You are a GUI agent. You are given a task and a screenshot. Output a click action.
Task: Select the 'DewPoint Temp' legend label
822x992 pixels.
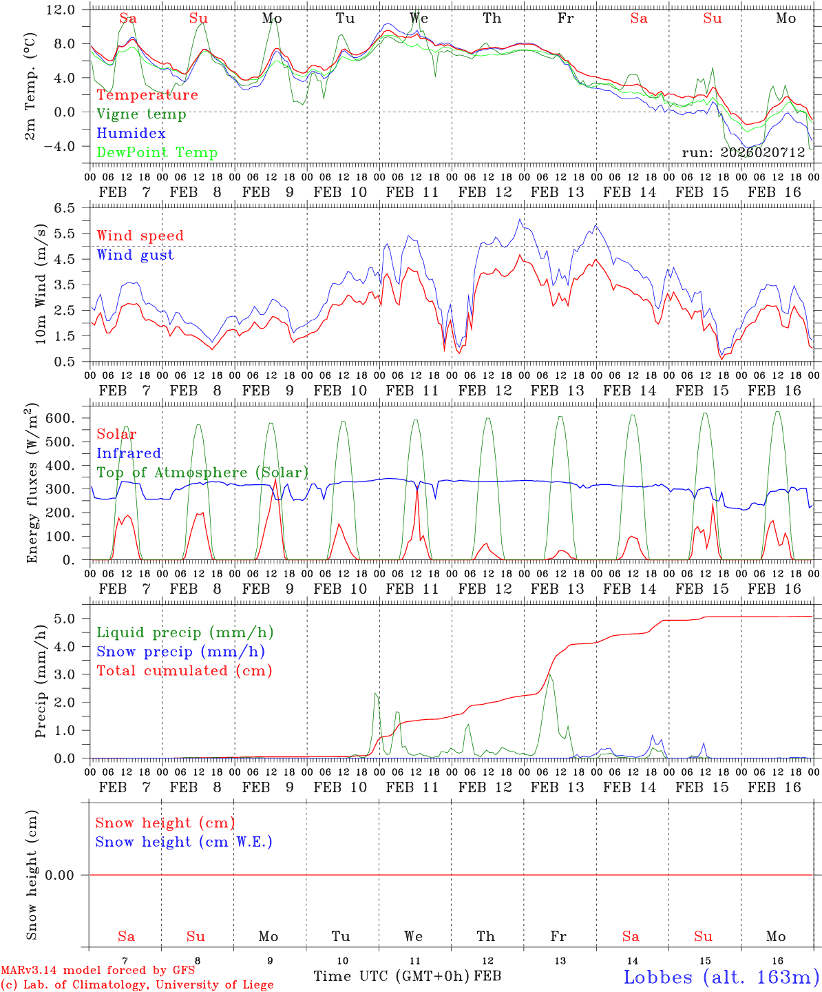tap(157, 153)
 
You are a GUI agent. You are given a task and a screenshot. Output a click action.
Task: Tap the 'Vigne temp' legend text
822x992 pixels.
tap(141, 114)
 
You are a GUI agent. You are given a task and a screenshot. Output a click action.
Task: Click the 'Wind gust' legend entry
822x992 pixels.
tap(135, 255)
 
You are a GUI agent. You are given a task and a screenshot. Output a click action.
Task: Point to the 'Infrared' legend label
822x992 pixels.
tap(129, 453)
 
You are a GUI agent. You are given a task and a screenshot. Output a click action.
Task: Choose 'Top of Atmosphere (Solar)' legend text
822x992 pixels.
tap(202, 473)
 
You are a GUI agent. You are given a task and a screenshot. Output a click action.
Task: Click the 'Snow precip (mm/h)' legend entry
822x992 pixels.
tap(180, 652)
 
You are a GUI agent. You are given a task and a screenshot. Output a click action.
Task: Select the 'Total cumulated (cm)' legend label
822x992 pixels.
tap(184, 671)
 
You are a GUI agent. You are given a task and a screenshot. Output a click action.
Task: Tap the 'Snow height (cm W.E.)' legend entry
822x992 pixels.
tap(183, 842)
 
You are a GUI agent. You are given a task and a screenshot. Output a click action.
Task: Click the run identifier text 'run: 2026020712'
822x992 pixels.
tap(743, 153)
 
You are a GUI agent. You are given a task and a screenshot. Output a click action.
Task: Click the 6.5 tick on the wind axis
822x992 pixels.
tap(67, 207)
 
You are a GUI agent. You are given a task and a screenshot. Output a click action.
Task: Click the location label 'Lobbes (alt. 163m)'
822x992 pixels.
tap(721, 977)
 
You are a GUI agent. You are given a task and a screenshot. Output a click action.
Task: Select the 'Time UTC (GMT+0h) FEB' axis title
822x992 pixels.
tap(407, 976)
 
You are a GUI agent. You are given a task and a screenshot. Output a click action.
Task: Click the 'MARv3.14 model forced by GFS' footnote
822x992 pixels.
tap(98, 971)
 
